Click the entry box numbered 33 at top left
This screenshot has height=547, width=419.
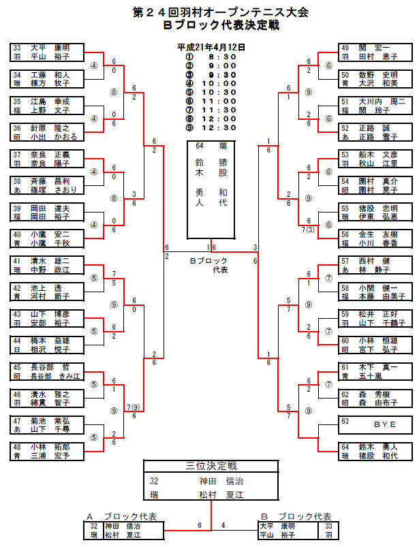coord(48,52)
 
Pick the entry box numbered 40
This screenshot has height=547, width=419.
coord(48,237)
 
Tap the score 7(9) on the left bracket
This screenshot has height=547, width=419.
coord(134,407)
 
